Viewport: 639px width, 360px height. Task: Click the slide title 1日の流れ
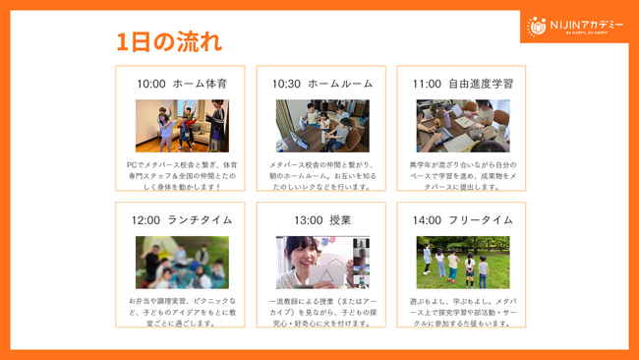coord(169,41)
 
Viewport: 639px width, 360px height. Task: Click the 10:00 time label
coord(151,84)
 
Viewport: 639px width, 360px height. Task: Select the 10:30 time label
coord(287,84)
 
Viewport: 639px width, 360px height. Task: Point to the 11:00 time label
coord(427,84)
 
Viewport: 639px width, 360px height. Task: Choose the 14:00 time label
coord(427,219)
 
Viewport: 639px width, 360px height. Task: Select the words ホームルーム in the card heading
coord(340,84)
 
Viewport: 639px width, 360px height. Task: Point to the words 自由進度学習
coord(480,84)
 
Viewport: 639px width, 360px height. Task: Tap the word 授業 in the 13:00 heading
coord(339,219)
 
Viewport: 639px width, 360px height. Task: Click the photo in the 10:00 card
coord(182,126)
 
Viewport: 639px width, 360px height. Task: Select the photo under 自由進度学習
coord(463,126)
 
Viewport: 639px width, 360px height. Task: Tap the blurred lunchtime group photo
coord(182,262)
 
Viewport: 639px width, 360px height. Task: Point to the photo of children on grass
coord(463,262)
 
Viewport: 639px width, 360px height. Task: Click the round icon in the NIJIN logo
coord(537,26)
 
